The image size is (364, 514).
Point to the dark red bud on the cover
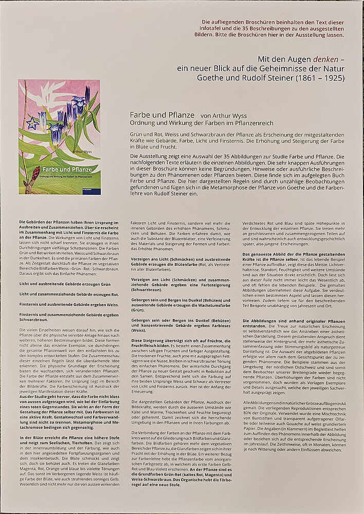click(x=35, y=174)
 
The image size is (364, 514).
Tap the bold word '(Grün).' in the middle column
click(x=138, y=310)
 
